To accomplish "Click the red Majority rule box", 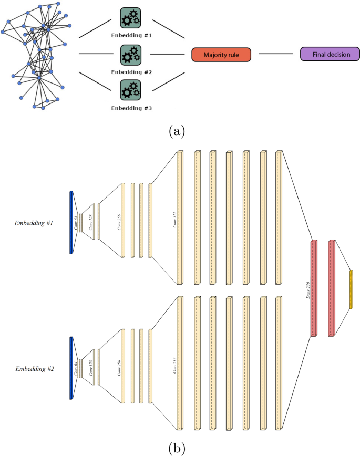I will tap(221, 54).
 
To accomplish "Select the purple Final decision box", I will tap(330, 54).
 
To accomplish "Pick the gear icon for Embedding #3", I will tap(130, 90).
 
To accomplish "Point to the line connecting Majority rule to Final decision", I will tap(276, 54).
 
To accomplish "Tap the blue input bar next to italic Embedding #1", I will tap(71, 223).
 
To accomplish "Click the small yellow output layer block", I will tap(351, 289).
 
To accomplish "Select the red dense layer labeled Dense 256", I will tap(313, 288).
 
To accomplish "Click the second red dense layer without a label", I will tap(331, 288).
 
